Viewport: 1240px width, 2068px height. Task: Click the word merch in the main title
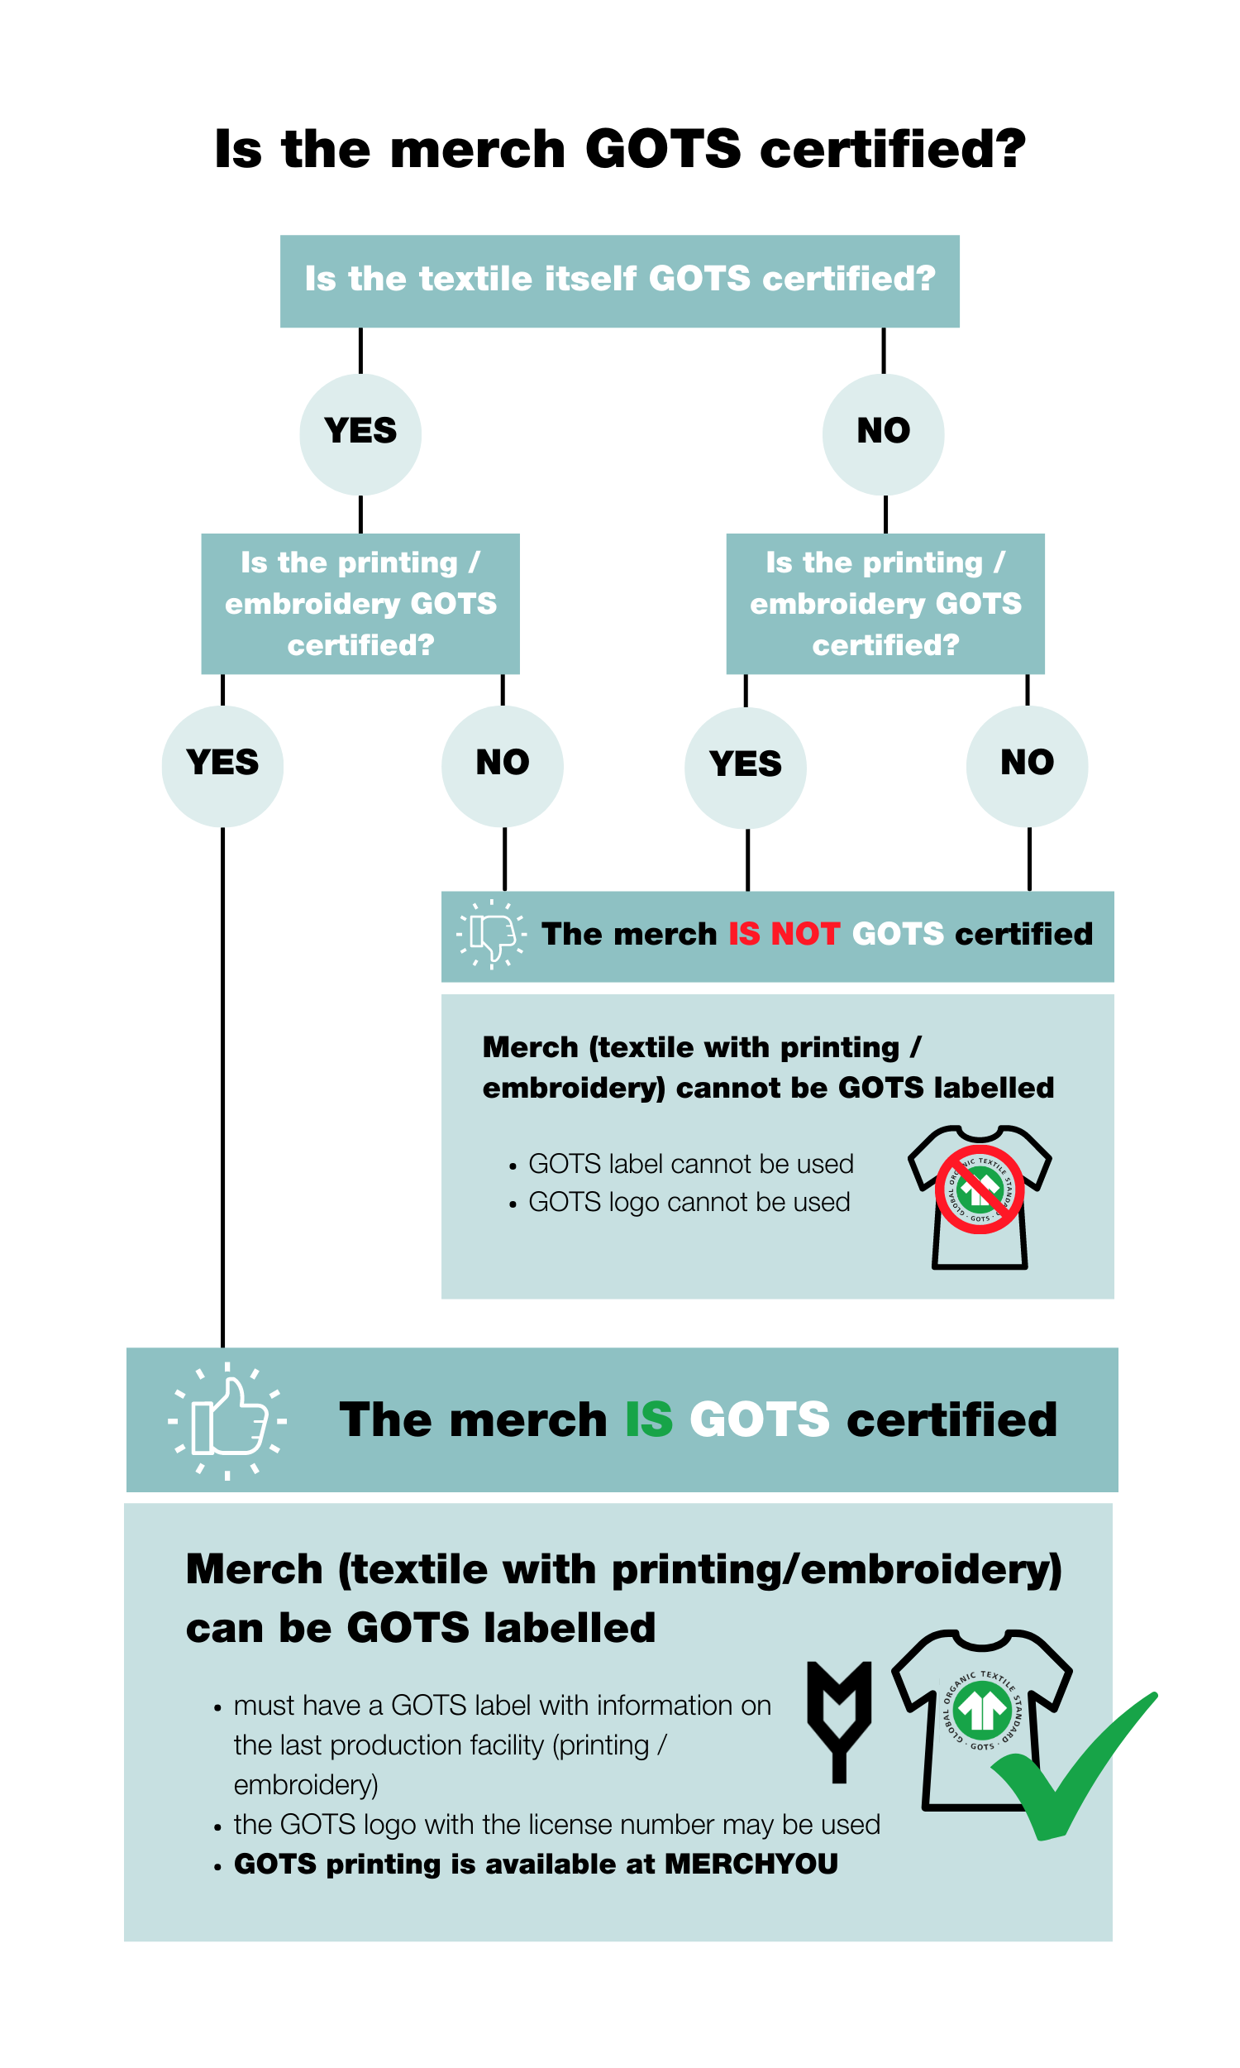click(x=478, y=151)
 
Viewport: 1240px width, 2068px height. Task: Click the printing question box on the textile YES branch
click(x=360, y=604)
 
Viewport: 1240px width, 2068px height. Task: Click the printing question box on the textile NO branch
click(x=885, y=604)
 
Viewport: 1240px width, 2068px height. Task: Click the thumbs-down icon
click(x=492, y=935)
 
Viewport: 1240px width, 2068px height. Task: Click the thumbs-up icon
click(x=227, y=1420)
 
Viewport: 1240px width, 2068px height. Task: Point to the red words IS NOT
click(x=783, y=934)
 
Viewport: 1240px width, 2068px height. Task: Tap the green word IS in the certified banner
click(x=648, y=1420)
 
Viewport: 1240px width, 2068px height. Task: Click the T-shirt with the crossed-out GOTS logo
click(x=980, y=1197)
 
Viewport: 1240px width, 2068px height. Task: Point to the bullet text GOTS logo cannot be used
click(x=689, y=1202)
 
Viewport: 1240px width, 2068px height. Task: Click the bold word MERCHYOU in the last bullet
click(x=751, y=1864)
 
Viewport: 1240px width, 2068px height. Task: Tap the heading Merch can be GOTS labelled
click(x=622, y=1597)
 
